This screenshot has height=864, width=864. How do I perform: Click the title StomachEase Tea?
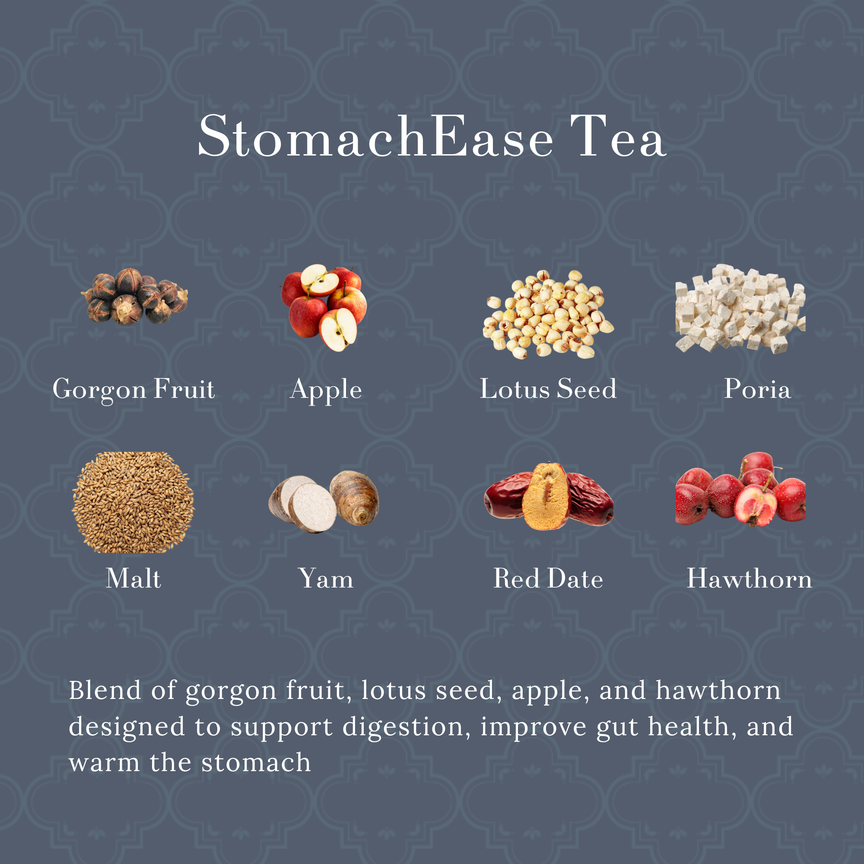[432, 137]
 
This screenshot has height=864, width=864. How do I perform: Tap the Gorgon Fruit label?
[134, 390]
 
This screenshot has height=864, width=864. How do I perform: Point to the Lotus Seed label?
[548, 389]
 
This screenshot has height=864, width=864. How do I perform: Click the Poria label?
[758, 389]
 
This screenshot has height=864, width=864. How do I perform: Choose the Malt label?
[133, 578]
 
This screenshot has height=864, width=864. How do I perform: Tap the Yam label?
[326, 578]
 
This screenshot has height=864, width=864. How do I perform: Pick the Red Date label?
[548, 578]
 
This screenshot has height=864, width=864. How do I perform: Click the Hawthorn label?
[750, 578]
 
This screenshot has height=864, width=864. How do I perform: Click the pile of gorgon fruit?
[134, 296]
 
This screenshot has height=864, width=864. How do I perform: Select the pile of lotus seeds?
[548, 314]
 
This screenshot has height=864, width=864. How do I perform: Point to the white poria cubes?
[740, 308]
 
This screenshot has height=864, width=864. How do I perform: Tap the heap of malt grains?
[133, 502]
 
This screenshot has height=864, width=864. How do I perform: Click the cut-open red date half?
[546, 496]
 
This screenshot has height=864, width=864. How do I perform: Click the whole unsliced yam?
[355, 498]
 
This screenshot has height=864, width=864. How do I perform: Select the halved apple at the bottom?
[338, 330]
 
